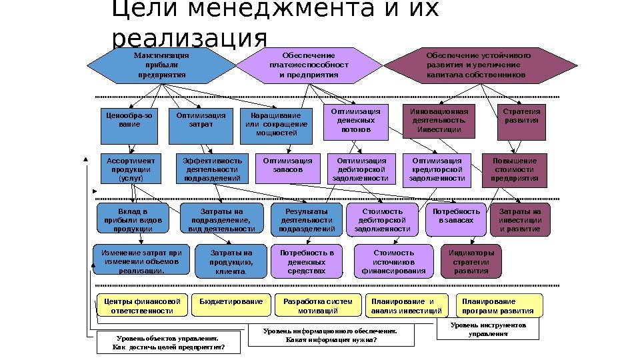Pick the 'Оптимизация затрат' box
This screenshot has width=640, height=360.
pos(201,125)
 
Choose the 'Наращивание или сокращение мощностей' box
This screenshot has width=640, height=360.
pos(276,125)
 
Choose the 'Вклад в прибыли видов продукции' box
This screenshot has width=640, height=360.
pos(133,220)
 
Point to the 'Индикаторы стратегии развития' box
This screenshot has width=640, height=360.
pos(471,262)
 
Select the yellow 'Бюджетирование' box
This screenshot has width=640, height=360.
pos(231,305)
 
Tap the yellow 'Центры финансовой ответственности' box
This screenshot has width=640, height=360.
pos(141,305)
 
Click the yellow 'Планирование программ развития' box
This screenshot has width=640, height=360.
pos(499,305)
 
